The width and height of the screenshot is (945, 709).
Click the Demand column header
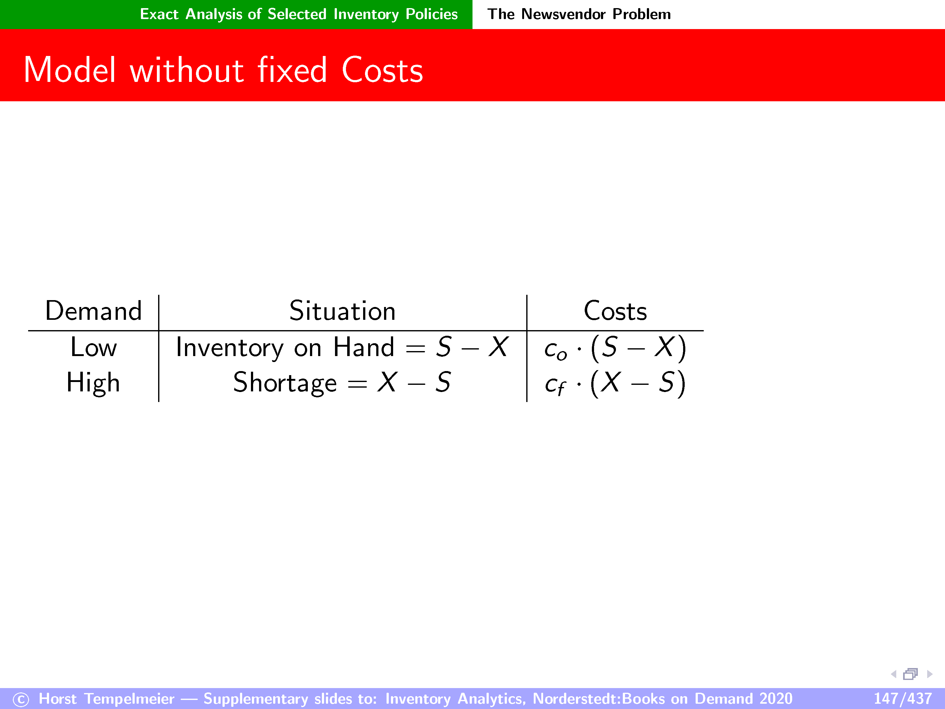93,311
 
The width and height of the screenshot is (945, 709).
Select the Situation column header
342,311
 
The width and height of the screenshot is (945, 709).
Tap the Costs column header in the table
615,311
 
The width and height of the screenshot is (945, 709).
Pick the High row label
93,383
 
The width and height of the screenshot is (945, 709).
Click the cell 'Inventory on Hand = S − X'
342,347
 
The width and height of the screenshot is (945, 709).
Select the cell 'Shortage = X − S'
342,383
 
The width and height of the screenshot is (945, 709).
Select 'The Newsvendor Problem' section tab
579,14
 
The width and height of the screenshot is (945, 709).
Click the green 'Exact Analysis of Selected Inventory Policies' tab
299,14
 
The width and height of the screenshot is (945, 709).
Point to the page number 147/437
903,699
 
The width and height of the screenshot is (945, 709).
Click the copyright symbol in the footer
21,700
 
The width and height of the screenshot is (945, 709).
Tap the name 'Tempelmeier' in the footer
129,699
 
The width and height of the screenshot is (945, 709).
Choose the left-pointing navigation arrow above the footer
893,674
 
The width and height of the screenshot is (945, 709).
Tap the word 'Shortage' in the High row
285,383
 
